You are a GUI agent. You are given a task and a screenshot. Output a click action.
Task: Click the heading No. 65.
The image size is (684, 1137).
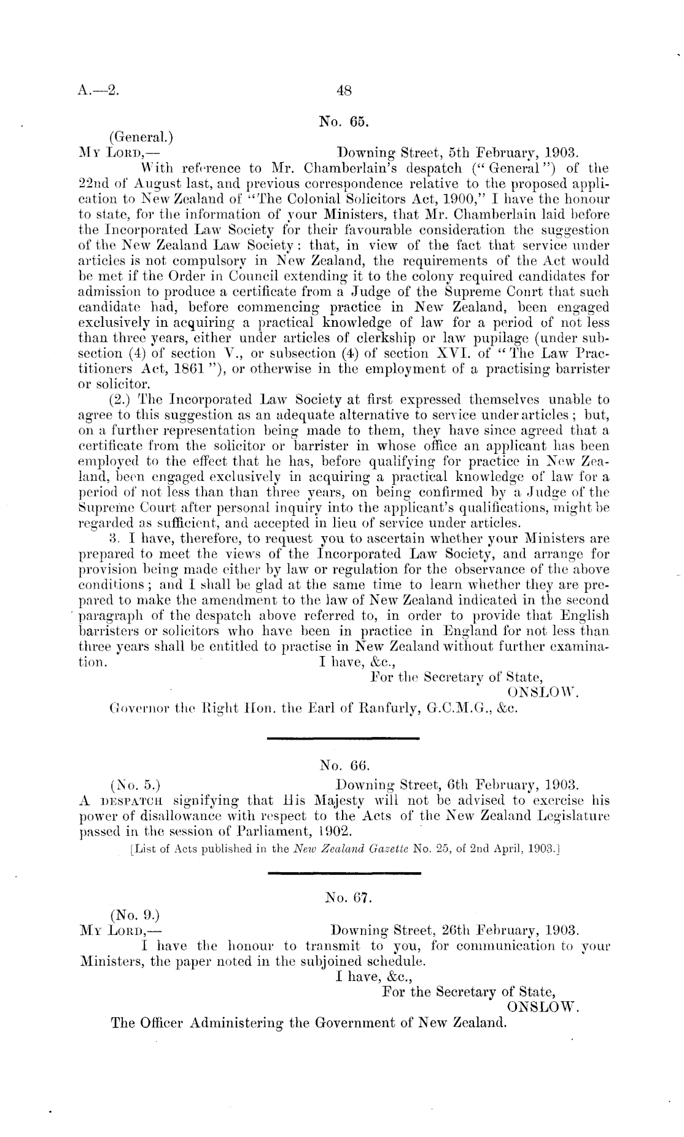pyautogui.click(x=343, y=121)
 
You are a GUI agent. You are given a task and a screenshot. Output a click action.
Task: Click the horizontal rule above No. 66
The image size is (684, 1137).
pyautogui.click(x=343, y=737)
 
